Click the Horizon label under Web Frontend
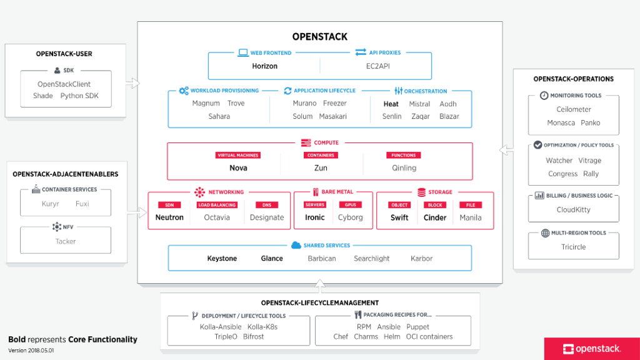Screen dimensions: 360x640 pyautogui.click(x=264, y=66)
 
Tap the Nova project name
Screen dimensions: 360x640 pyautogui.click(x=238, y=167)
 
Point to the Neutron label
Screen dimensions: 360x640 pyautogui.click(x=169, y=217)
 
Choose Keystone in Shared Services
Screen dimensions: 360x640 pyautogui.click(x=222, y=258)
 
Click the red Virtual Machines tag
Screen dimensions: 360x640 pyautogui.click(x=237, y=155)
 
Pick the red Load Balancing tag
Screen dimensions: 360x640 pyautogui.click(x=217, y=205)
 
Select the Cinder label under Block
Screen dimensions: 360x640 pyautogui.click(x=435, y=217)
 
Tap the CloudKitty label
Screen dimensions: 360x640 pyautogui.click(x=573, y=210)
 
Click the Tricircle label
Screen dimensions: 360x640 pyautogui.click(x=573, y=246)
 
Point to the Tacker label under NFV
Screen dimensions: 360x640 pyautogui.click(x=66, y=241)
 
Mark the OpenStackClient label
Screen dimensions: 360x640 pyautogui.click(x=64, y=84)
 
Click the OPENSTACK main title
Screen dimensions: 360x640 pyautogui.click(x=319, y=37)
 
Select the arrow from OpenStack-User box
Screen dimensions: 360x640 pyautogui.click(x=132, y=82)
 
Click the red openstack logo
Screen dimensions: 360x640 pyautogui.click(x=591, y=349)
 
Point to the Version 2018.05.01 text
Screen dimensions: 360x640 pyautogui.click(x=31, y=351)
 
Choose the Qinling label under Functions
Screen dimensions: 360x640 pyautogui.click(x=404, y=167)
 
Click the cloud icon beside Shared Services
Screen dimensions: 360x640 pyautogui.click(x=296, y=245)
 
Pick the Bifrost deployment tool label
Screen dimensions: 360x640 pyautogui.click(x=253, y=336)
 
